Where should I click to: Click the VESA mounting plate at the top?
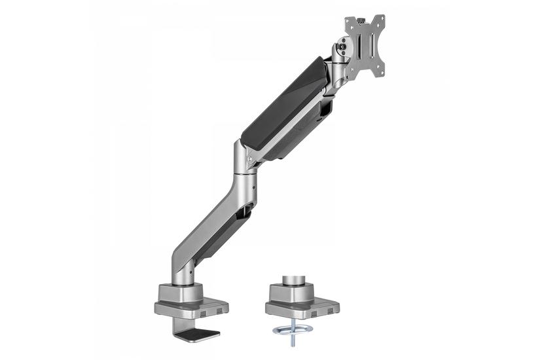point(365,46)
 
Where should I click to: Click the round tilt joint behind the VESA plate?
point(342,46)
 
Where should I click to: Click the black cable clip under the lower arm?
point(247,211)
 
